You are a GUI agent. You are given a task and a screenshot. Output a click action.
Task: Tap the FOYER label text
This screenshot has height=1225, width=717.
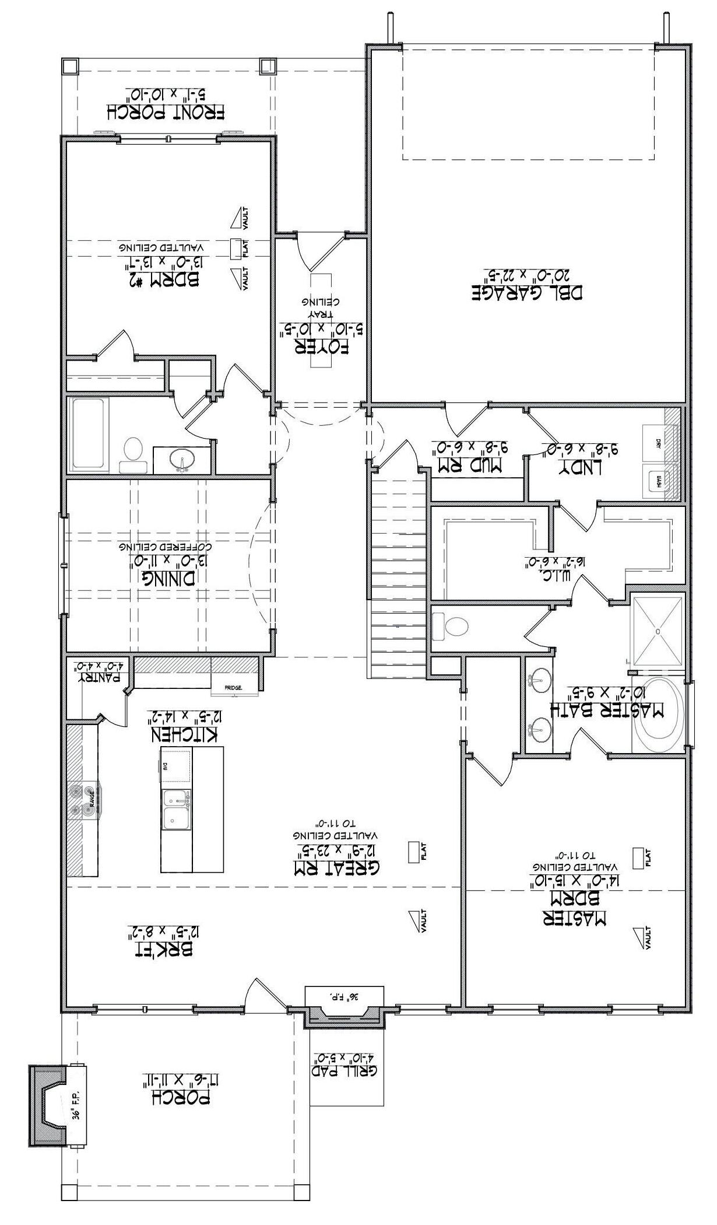coord(324,346)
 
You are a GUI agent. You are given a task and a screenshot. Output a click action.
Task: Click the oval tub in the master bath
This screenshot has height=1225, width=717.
coord(660,712)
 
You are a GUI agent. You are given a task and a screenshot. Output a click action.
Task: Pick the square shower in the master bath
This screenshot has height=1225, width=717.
coord(658,631)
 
